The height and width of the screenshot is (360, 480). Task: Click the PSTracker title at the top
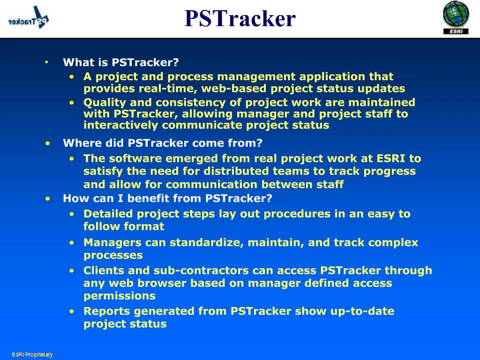click(x=240, y=18)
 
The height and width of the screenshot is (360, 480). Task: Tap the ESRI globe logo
click(x=456, y=17)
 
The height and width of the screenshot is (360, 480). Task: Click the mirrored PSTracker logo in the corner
click(x=29, y=19)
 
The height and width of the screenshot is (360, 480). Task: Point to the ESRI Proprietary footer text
click(x=32, y=354)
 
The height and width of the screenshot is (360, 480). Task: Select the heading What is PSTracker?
click(x=120, y=62)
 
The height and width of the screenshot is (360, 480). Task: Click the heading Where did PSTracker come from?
click(x=163, y=143)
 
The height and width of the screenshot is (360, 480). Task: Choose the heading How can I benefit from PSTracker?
click(x=167, y=198)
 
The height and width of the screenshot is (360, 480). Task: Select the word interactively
click(x=120, y=125)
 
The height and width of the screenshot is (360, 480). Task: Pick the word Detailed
click(x=108, y=214)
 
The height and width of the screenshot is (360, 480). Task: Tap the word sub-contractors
click(x=201, y=270)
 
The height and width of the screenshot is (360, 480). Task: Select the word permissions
click(x=120, y=296)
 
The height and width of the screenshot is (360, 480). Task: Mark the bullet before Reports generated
click(x=72, y=312)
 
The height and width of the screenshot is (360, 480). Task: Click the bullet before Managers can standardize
click(x=72, y=243)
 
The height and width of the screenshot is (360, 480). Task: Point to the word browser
click(x=162, y=283)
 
